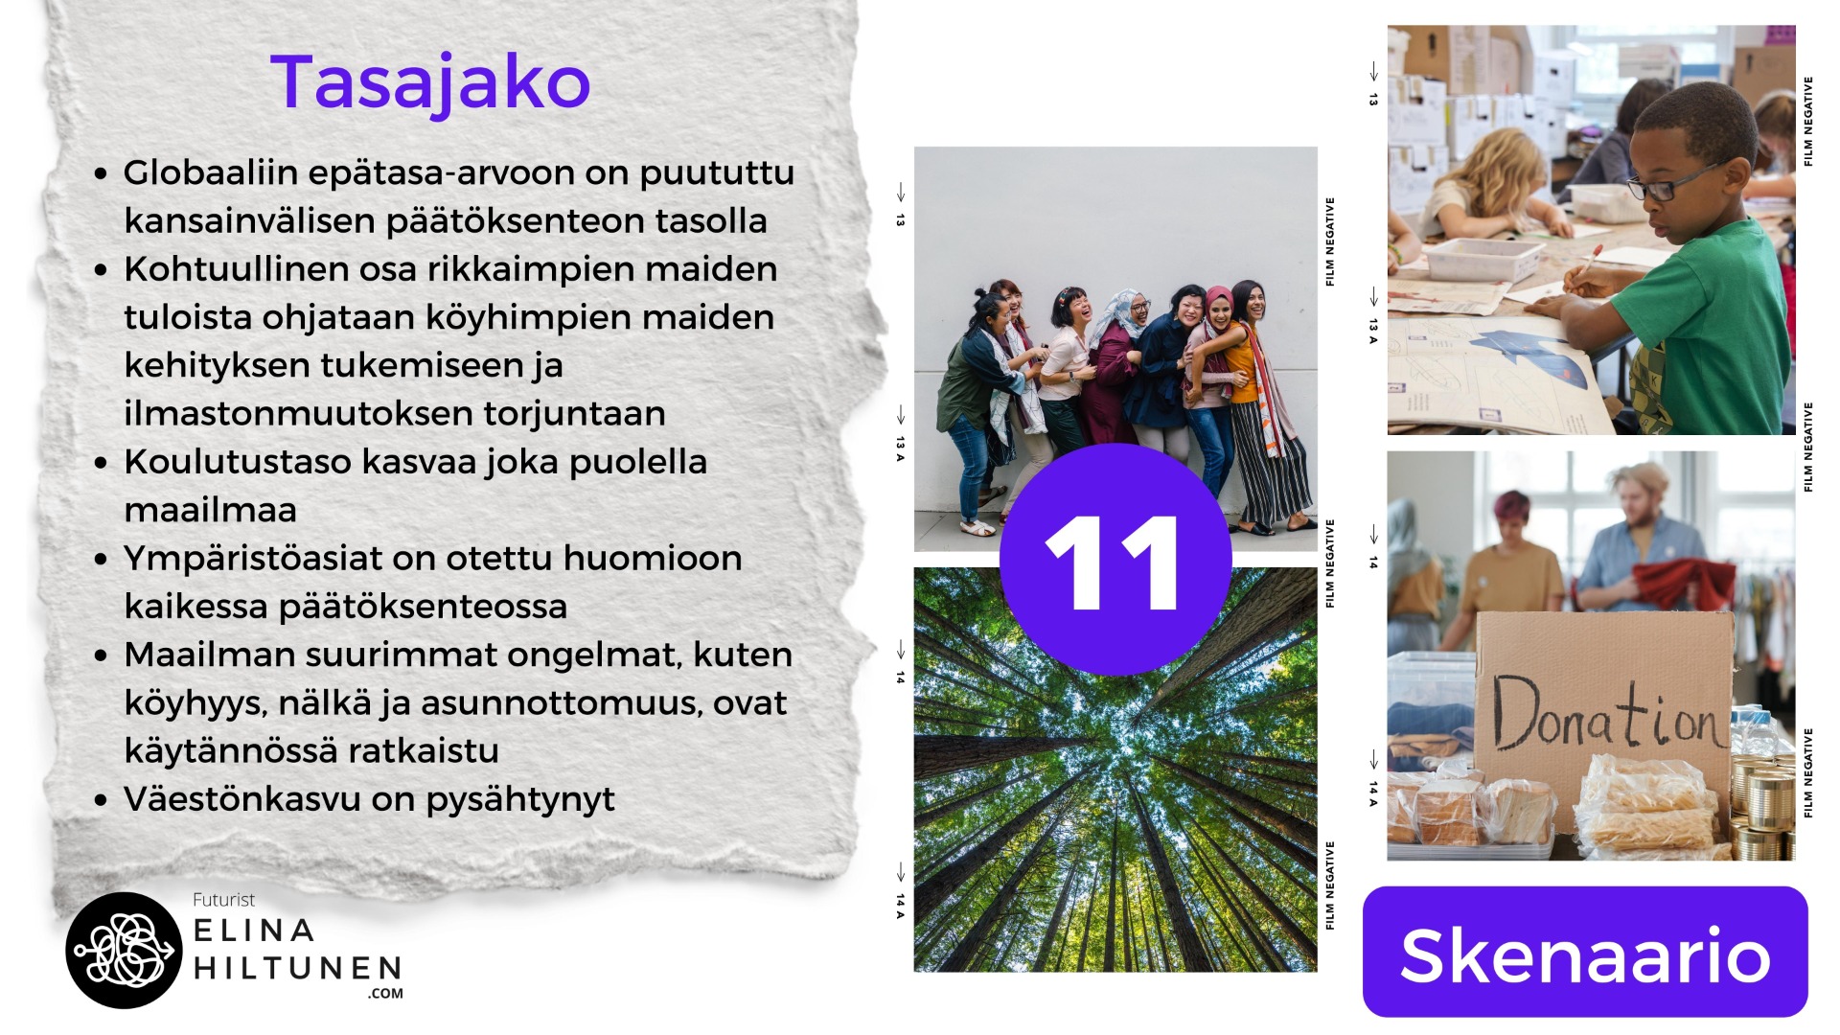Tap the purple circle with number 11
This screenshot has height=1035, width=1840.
coord(1115,560)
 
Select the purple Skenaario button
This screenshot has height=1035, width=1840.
coord(1585,952)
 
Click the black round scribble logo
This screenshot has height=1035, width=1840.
coord(124,950)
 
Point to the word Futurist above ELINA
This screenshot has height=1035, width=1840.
coord(223,900)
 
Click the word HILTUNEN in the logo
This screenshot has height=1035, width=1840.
coord(297,968)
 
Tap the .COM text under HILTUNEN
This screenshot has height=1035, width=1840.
coord(385,994)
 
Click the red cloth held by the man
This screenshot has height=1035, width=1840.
coord(1683,584)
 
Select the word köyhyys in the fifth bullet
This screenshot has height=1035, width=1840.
coord(193,704)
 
